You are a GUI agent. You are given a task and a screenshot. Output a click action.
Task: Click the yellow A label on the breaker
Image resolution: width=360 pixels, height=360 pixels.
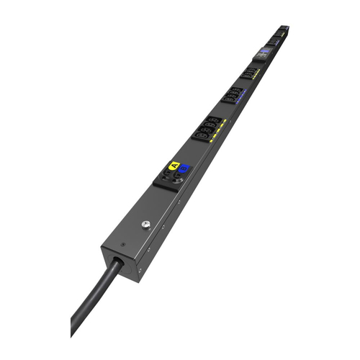point(174,166)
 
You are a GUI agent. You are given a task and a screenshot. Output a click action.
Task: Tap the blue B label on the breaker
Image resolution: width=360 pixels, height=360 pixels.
point(184,169)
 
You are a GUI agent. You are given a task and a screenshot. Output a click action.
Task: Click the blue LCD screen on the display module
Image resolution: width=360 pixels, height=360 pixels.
point(264,52)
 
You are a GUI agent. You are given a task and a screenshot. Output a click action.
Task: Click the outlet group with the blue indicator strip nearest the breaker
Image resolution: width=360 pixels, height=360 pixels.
point(232,94)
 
